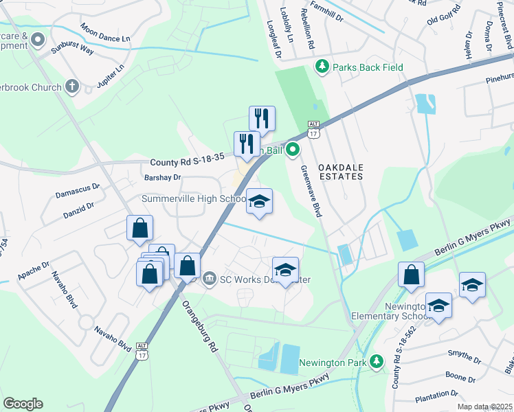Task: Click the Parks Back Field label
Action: pyautogui.click(x=368, y=67)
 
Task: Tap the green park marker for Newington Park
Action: pyautogui.click(x=376, y=361)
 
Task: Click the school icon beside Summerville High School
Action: pyautogui.click(x=259, y=201)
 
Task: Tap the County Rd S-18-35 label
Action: pyautogui.click(x=187, y=163)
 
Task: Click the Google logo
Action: pyautogui.click(x=23, y=403)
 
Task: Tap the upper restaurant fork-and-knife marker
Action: pyautogui.click(x=262, y=118)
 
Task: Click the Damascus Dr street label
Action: pyautogui.click(x=78, y=186)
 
